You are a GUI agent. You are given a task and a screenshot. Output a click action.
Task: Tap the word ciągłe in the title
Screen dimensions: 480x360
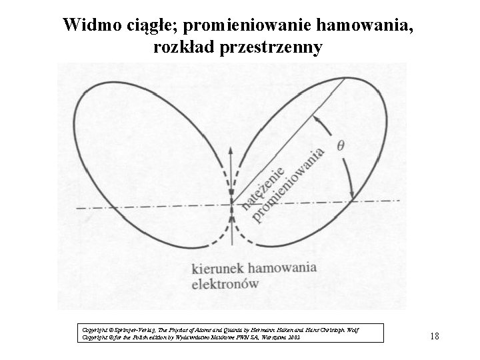[151, 25]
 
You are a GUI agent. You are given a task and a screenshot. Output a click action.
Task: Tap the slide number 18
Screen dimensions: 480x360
[434, 336]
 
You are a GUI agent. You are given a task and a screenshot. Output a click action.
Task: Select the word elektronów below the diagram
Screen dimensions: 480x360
[225, 283]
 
